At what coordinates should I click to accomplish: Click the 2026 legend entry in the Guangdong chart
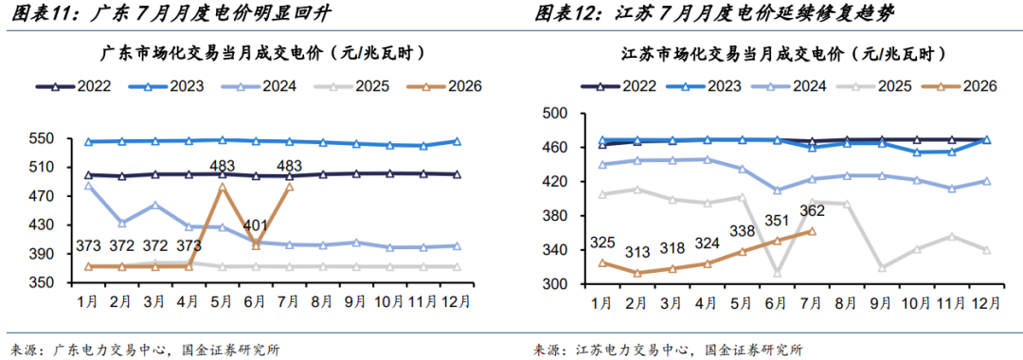(443, 85)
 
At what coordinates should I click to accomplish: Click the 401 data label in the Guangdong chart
(256, 225)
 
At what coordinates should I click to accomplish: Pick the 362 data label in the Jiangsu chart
(812, 210)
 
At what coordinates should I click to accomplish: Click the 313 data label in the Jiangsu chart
(637, 252)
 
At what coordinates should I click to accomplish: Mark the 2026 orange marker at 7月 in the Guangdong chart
(289, 188)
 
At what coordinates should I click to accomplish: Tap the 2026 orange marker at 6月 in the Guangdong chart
(256, 246)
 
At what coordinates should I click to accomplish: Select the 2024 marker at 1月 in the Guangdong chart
(88, 186)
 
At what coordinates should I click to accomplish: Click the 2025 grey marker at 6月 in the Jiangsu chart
(777, 273)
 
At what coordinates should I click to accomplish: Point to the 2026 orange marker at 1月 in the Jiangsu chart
(602, 262)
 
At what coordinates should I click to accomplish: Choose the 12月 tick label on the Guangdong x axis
(457, 302)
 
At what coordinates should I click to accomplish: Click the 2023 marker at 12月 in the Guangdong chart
(457, 141)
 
